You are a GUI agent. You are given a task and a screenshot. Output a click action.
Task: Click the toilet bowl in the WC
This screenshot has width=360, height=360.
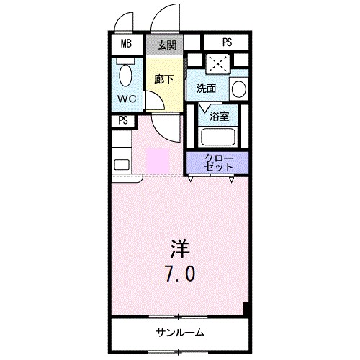[127, 74]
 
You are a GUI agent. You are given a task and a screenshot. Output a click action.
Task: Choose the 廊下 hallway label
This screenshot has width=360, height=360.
[164, 79]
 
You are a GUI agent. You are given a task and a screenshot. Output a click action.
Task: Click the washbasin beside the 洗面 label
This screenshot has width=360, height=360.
[239, 89]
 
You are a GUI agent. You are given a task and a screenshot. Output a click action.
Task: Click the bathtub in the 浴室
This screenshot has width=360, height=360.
[217, 136]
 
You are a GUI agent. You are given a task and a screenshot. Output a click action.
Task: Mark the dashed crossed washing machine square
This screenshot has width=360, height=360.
[216, 63]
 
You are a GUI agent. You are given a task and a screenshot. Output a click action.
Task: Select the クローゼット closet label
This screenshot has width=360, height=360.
[218, 162]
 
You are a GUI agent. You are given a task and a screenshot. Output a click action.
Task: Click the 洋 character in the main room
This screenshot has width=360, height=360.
[181, 251]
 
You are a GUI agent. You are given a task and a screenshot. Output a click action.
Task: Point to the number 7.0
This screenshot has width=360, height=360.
[181, 274]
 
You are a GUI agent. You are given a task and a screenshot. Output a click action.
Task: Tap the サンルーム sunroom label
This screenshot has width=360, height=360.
[180, 333]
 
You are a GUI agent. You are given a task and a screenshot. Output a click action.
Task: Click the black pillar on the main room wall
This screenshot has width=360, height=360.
[246, 310]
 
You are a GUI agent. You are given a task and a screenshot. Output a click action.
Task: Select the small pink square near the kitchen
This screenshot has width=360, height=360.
[156, 160]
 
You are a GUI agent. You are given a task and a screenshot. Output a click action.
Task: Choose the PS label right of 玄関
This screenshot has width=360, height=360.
[226, 42]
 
